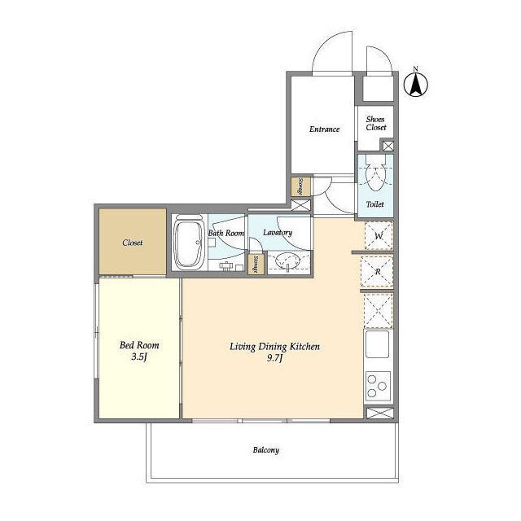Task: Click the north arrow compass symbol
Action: click(x=416, y=84)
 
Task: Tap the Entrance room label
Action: click(x=324, y=129)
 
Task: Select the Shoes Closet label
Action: click(x=376, y=123)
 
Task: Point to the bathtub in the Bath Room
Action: click(x=189, y=243)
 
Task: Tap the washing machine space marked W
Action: click(x=379, y=235)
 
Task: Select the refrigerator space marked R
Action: click(x=377, y=271)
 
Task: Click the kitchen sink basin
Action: click(x=377, y=344)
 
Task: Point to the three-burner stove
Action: click(x=378, y=386)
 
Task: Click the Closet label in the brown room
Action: click(x=132, y=243)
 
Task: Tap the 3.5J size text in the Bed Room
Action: click(x=139, y=357)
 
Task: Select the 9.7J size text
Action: click(x=274, y=358)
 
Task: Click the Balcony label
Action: click(x=266, y=450)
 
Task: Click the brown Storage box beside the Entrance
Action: click(x=300, y=186)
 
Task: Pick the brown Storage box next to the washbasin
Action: click(x=256, y=264)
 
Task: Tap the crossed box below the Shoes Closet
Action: click(x=388, y=146)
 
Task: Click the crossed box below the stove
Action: click(x=380, y=413)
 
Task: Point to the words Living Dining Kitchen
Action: click(x=274, y=347)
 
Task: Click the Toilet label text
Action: click(x=374, y=204)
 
